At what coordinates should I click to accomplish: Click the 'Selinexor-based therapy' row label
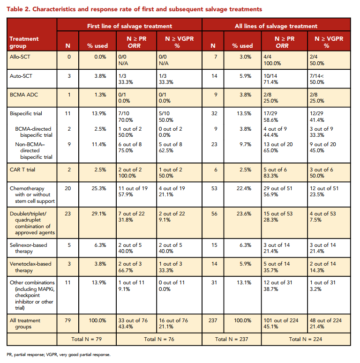(29, 248)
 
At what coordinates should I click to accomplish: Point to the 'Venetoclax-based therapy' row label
(30, 267)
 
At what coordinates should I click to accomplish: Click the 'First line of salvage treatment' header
(129, 26)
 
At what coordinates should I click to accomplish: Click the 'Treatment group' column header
(24, 42)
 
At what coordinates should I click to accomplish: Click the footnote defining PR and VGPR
(59, 355)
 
